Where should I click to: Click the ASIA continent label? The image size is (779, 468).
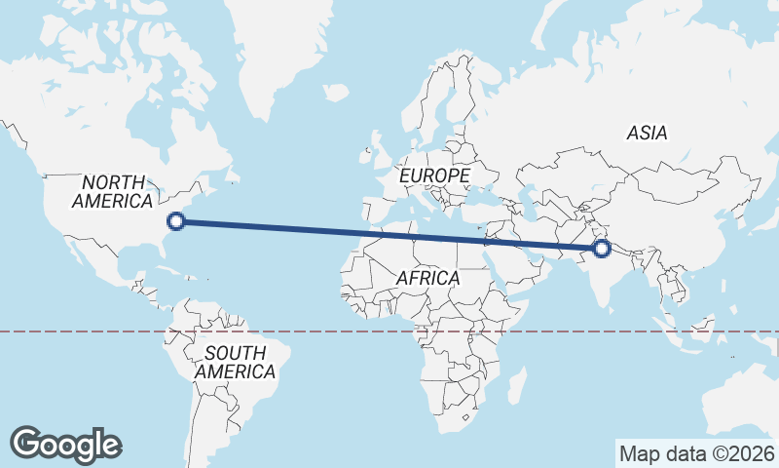click(648, 133)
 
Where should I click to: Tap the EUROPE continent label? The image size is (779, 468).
click(435, 175)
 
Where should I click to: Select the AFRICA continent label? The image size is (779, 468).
click(427, 278)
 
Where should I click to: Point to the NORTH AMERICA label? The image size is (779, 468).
click(112, 192)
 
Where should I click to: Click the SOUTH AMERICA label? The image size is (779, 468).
click(235, 362)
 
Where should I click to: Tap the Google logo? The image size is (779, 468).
click(65, 445)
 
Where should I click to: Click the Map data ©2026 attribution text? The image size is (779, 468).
click(697, 453)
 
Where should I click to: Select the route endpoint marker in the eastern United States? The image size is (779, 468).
click(176, 221)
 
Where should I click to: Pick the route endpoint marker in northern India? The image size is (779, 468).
click(601, 250)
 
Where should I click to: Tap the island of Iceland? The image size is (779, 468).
click(336, 93)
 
